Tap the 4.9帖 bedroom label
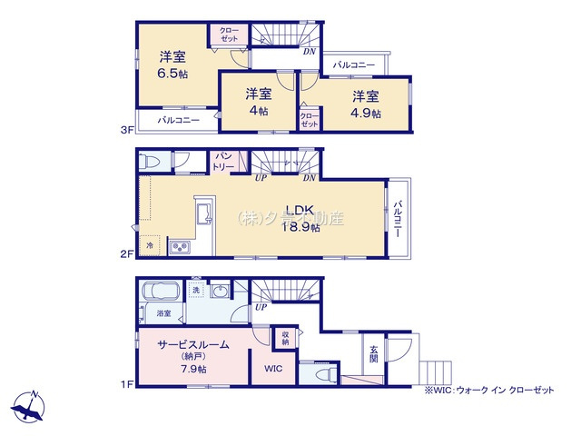pos(366,113)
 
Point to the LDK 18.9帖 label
pos(303,220)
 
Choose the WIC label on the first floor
pos(274,370)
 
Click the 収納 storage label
pos(285,339)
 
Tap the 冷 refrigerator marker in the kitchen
pos(150,246)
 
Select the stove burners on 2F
pos(178,247)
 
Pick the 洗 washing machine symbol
pos(195,290)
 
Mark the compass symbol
pos(32,406)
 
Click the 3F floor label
pos(128,130)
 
